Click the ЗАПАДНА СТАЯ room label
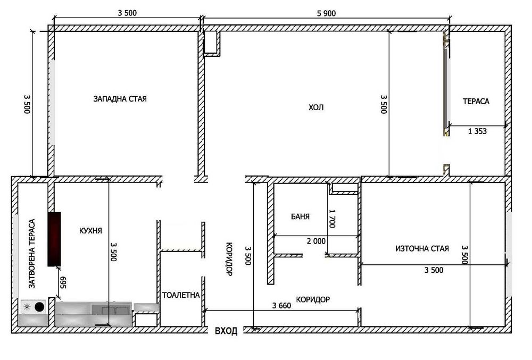[120, 99]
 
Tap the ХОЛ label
[316, 107]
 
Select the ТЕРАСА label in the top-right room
[476, 101]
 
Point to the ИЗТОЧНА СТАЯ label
[422, 248]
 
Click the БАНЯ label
[301, 216]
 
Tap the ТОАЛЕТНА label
[181, 295]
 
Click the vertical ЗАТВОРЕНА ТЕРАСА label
[32, 254]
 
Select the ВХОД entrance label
[226, 331]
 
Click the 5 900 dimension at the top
[326, 13]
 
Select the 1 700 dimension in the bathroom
[332, 219]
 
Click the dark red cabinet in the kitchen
[54, 239]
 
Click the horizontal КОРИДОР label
[313, 299]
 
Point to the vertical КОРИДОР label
[229, 259]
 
